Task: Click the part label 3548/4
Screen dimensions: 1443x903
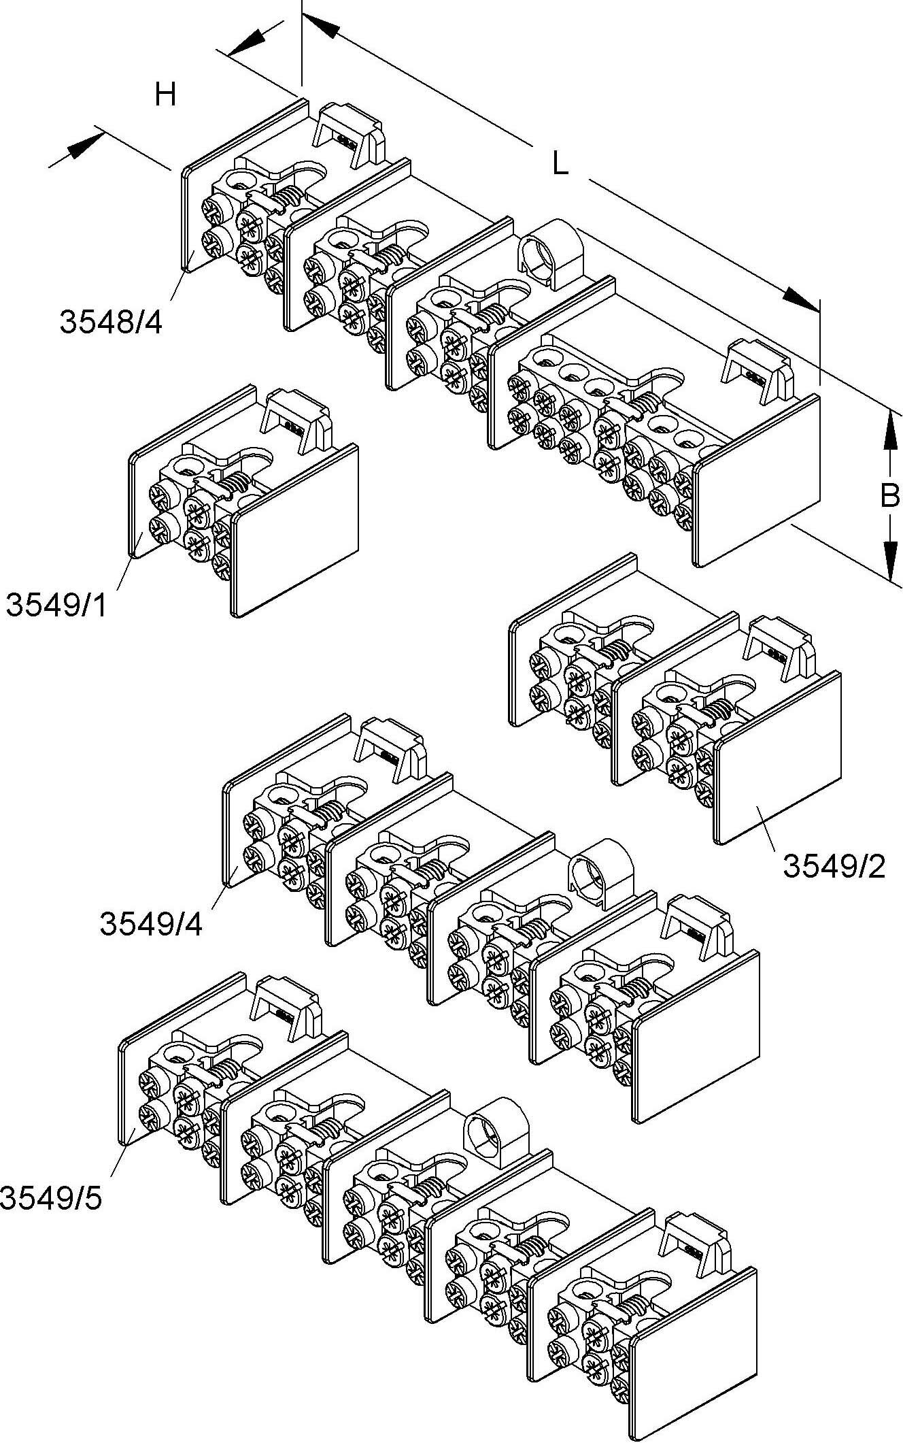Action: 112,322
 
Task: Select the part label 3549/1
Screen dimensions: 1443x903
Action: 57,604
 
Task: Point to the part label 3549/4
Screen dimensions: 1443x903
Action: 151,925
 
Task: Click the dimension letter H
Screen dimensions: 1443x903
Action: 165,95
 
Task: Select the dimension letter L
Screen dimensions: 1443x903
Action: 560,164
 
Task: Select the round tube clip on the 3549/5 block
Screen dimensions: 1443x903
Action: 498,1127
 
